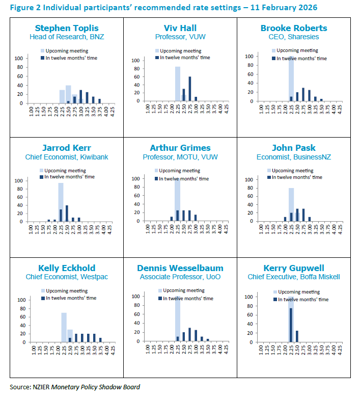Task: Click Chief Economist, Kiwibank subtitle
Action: coord(67,157)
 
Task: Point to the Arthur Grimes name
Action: coord(180,148)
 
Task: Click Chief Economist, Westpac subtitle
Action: coord(67,277)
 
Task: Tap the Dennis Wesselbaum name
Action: coord(181,268)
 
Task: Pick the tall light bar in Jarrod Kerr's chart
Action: coord(61,202)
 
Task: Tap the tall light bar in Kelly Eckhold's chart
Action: coord(64,327)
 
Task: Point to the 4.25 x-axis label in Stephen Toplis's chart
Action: coord(113,112)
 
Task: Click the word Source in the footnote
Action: coord(20,387)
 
